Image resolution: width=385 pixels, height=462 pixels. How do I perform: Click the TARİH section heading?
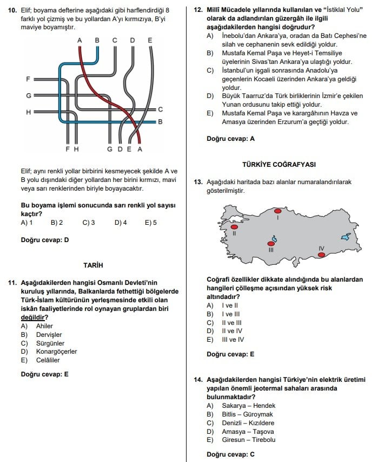[x=93, y=265]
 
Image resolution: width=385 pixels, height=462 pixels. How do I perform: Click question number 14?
[x=198, y=380]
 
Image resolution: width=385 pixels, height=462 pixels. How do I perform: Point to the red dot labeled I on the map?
[x=277, y=212]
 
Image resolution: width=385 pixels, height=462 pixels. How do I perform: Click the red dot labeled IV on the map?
[x=321, y=255]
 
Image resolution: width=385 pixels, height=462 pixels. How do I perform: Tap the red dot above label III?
[x=271, y=244]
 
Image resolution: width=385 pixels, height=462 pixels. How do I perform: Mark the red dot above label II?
[x=234, y=227]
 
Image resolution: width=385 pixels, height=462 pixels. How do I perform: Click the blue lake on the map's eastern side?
[x=347, y=237]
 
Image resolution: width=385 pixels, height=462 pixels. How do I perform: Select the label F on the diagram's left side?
[x=28, y=79]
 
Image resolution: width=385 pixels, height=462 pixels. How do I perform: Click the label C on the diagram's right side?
[x=160, y=109]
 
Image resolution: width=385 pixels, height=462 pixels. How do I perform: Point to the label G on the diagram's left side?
[x=28, y=95]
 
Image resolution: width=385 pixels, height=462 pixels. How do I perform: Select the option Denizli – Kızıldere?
[x=248, y=423]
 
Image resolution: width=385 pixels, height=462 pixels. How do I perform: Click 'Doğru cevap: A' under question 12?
[x=230, y=139]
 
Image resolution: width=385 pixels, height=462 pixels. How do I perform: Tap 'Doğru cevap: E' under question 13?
[x=230, y=355]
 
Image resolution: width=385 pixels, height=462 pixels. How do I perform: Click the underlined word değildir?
[x=33, y=317]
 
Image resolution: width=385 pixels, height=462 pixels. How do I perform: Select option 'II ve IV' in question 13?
[x=232, y=331]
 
